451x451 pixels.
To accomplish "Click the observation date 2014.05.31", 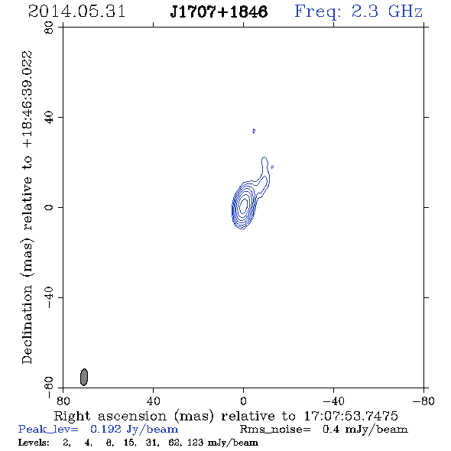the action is click(x=76, y=11).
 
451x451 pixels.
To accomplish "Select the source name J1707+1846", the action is click(x=219, y=11).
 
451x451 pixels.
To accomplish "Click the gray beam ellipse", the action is click(x=83, y=377).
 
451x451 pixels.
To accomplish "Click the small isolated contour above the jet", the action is click(x=253, y=131).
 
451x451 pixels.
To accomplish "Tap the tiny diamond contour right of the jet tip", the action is click(x=272, y=167).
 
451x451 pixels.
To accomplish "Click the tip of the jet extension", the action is click(x=264, y=157).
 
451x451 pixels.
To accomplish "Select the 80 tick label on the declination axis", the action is click(x=49, y=28).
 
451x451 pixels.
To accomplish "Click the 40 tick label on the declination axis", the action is click(x=49, y=118).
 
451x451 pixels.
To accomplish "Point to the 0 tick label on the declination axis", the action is click(x=49, y=207).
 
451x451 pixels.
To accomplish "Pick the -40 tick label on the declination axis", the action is click(x=49, y=297).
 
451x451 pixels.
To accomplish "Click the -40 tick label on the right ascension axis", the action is click(x=333, y=401).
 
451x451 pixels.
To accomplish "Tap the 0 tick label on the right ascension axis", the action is click(x=243, y=401).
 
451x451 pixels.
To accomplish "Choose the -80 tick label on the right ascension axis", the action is click(x=423, y=401).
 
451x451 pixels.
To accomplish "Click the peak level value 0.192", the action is click(x=105, y=429).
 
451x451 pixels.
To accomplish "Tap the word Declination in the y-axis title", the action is click(x=27, y=324).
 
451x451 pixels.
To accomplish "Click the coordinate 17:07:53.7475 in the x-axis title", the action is click(x=351, y=416).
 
